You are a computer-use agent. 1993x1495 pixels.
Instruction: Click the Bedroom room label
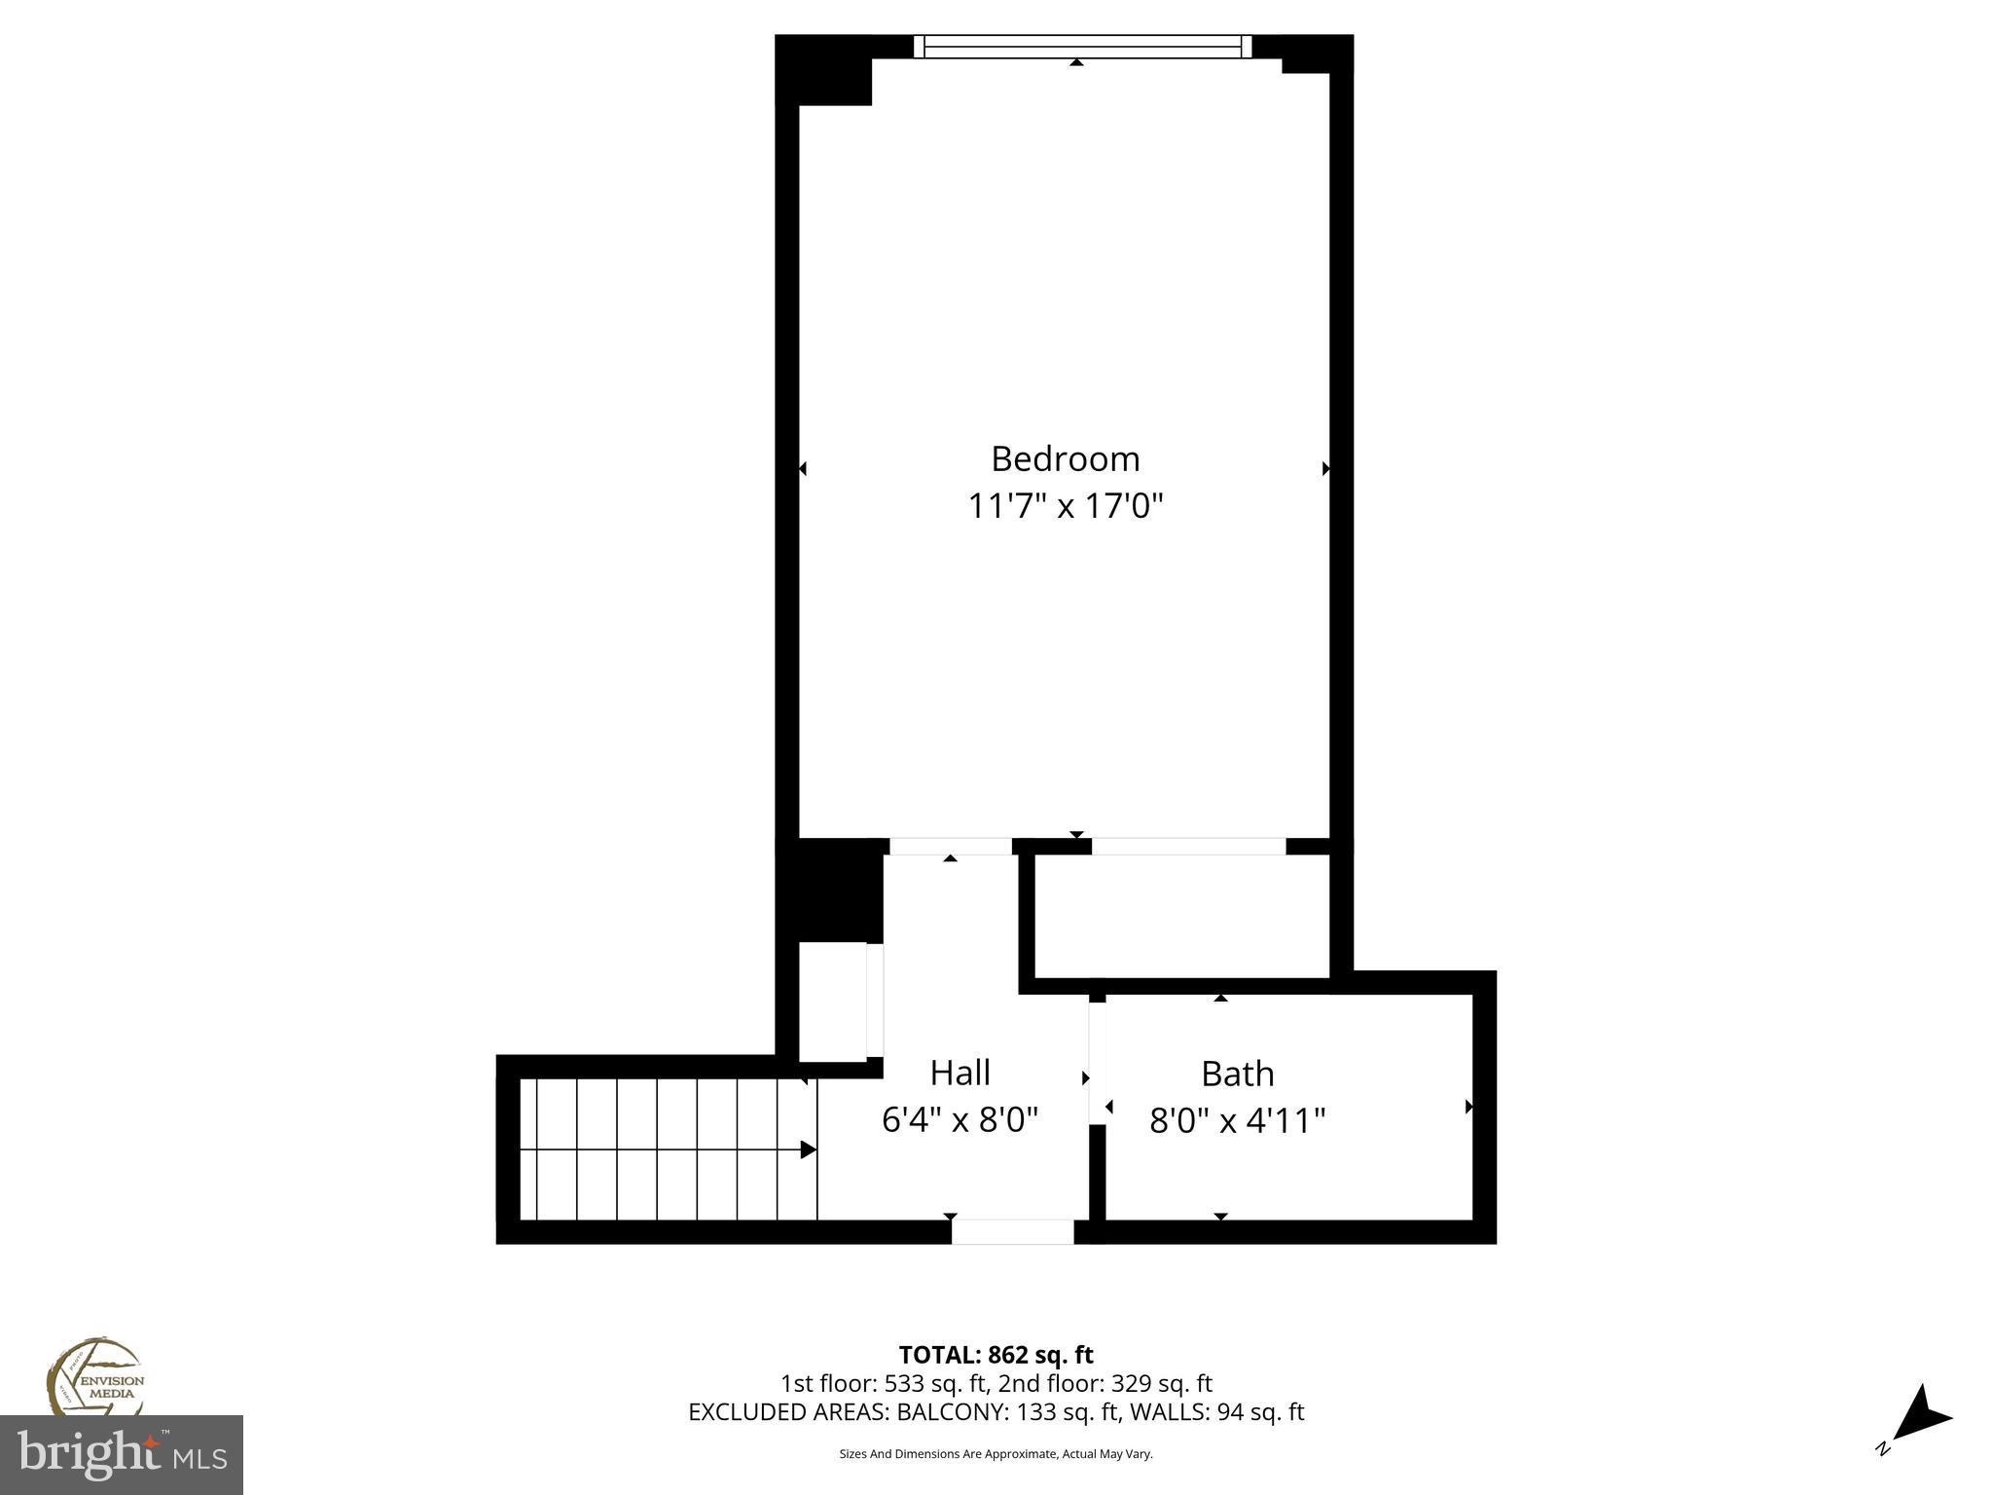[x=1065, y=458]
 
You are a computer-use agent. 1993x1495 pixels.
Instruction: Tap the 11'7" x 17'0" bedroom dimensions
[x=1065, y=506]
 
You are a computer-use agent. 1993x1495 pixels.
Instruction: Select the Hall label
[x=960, y=1073]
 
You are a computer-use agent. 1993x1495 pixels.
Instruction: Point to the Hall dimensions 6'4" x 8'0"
[x=960, y=1120]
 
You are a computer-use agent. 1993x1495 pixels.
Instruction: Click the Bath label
[x=1237, y=1074]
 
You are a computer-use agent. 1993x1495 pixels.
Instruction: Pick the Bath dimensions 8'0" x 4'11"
[x=1237, y=1121]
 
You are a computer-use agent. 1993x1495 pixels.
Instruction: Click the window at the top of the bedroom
[x=1082, y=46]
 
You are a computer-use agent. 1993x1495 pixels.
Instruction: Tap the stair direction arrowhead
[x=808, y=1149]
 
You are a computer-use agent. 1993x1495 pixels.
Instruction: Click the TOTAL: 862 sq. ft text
[x=996, y=1355]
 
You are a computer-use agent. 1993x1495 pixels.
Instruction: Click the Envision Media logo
[x=94, y=1380]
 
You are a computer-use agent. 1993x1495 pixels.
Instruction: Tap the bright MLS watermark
[x=121, y=1454]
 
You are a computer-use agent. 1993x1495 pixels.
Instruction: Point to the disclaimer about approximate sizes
[x=996, y=1454]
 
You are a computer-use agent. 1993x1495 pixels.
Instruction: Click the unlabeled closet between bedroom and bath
[x=1180, y=916]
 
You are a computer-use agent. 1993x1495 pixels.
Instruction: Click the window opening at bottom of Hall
[x=1012, y=1231]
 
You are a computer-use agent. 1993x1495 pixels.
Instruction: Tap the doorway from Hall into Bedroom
[x=951, y=846]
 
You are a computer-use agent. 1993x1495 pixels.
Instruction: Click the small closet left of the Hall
[x=832, y=1002]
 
